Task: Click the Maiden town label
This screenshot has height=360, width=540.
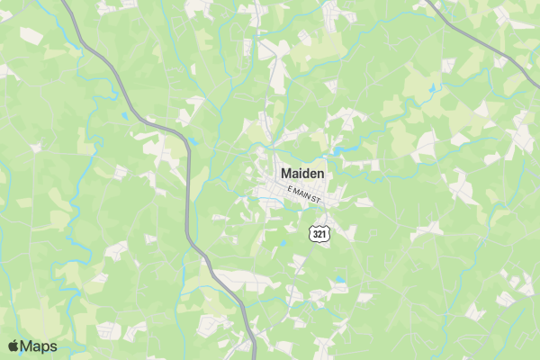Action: tap(302, 173)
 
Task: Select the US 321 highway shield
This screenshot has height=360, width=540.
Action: tap(319, 234)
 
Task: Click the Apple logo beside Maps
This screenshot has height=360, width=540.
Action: tap(13, 346)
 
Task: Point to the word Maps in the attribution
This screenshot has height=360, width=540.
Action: tap(40, 346)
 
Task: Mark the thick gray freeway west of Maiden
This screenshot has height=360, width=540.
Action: tap(187, 198)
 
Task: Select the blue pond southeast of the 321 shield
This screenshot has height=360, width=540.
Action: tap(340, 281)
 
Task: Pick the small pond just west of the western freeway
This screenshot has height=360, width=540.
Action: tap(124, 115)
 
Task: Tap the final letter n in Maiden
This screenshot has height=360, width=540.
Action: tap(320, 173)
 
